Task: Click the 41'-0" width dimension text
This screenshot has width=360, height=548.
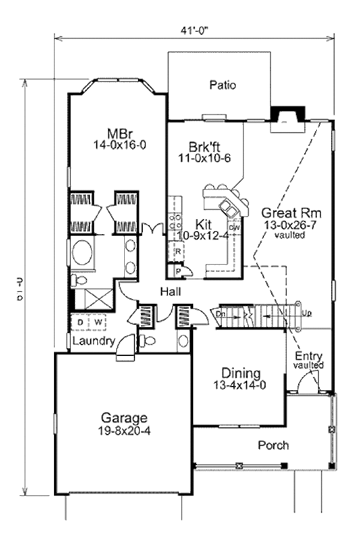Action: pos(194,26)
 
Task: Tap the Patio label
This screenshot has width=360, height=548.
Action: pos(223,85)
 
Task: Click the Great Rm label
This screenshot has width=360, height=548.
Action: pos(292,214)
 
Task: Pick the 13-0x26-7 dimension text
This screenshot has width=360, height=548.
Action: pos(292,225)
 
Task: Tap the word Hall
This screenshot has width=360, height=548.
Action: pos(171,292)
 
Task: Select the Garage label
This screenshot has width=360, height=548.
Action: pos(124,418)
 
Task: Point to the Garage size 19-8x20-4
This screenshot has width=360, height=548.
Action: pos(124,430)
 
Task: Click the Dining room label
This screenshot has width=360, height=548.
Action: pos(239,372)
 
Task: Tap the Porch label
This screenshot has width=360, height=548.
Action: pos(273,445)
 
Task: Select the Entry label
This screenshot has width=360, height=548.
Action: pos(308,355)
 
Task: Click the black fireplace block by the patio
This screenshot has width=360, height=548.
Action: pos(283,113)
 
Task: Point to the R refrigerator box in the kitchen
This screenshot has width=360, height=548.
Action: pos(178,251)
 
